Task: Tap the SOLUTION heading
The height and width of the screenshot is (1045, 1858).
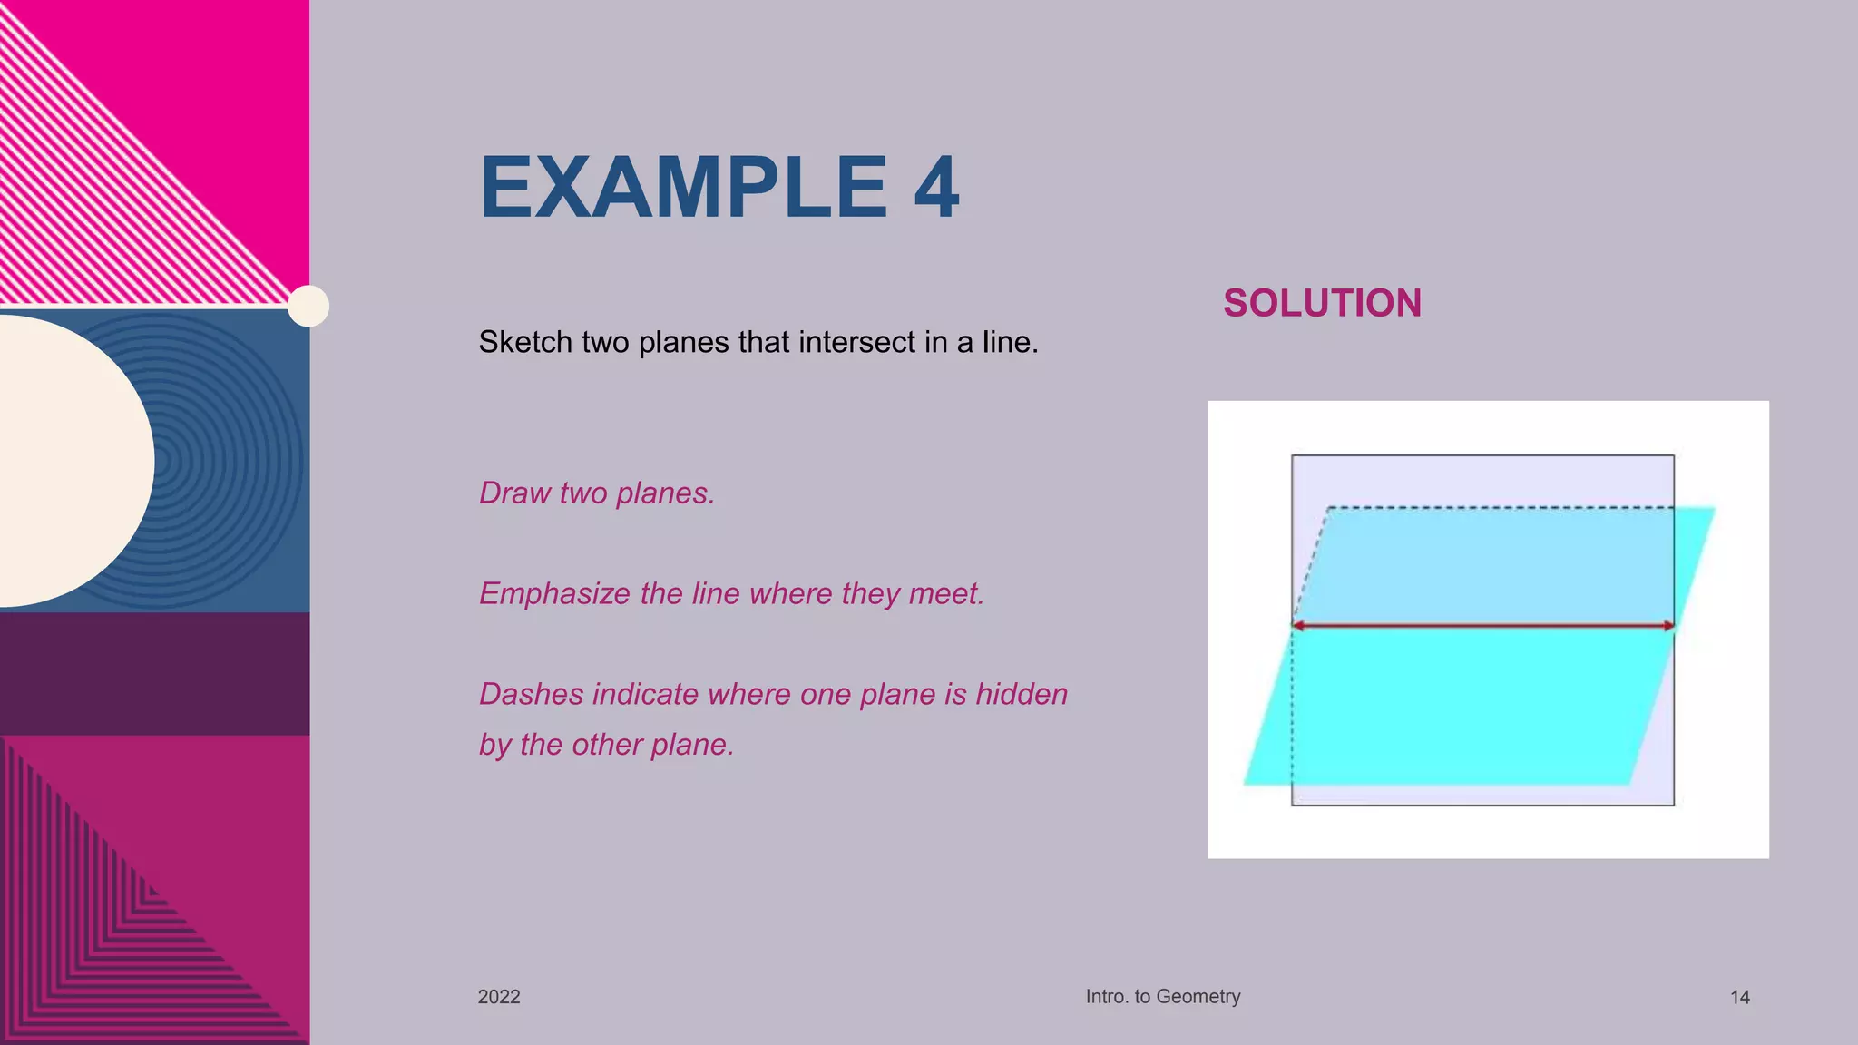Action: click(1322, 303)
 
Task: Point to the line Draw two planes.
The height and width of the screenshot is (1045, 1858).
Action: click(597, 493)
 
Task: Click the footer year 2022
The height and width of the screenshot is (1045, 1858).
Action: click(499, 997)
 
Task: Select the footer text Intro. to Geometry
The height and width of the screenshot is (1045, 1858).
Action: click(1163, 996)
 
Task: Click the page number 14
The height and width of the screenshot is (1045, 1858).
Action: click(1739, 998)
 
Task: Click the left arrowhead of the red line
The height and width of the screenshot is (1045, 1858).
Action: click(1298, 626)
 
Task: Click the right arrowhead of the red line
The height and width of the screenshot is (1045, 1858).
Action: click(1668, 626)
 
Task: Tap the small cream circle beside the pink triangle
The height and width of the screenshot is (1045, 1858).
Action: click(308, 306)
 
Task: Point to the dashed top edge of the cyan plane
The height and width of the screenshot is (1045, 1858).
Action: click(1497, 508)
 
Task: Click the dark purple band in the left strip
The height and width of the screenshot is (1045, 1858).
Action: click(154, 673)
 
